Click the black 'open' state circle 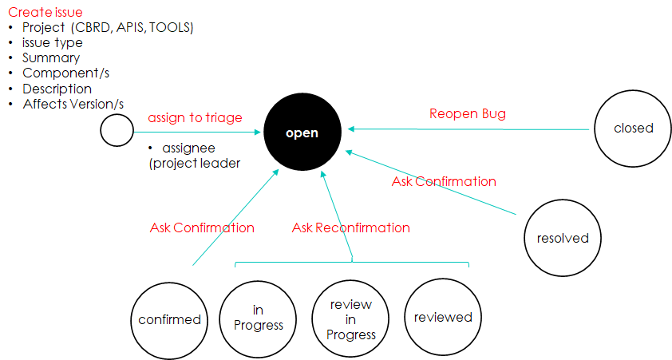[302, 132]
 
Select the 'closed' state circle [633, 129]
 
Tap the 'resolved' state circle [563, 238]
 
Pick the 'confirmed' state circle [169, 320]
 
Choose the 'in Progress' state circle [258, 318]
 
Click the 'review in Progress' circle [350, 318]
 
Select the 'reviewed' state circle [443, 318]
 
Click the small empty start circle [117, 130]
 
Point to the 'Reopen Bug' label [468, 113]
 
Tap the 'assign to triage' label [195, 117]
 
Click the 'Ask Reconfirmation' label [351, 227]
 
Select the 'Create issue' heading [45, 12]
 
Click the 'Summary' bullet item [51, 57]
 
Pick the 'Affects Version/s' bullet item [73, 104]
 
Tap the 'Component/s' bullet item [66, 73]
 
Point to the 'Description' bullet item [57, 89]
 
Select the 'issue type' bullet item [53, 43]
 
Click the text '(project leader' [195, 164]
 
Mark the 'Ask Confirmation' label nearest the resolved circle [444, 181]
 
